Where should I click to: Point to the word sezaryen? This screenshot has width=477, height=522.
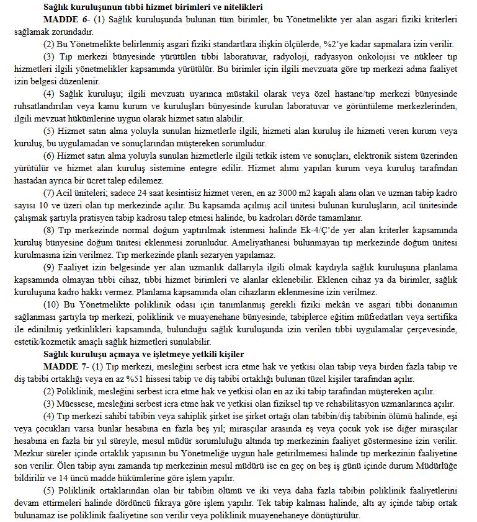(241, 255)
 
